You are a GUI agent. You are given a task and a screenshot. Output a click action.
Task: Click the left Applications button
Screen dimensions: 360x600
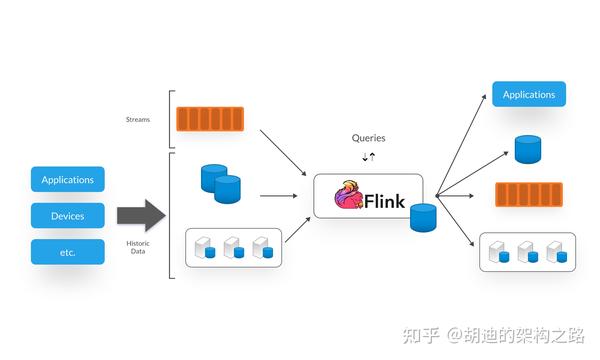tap(68, 180)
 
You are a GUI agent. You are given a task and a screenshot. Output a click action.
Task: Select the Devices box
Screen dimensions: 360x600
tap(68, 216)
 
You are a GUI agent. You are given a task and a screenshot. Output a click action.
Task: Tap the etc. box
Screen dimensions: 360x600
tap(68, 252)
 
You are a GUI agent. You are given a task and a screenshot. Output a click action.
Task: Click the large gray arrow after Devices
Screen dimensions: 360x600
tap(140, 215)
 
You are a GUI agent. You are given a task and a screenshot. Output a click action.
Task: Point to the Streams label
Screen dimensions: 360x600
tap(137, 119)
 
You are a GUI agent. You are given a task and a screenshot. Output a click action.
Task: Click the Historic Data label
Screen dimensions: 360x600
tap(137, 246)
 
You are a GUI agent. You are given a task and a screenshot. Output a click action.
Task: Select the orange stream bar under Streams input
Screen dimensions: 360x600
tap(211, 119)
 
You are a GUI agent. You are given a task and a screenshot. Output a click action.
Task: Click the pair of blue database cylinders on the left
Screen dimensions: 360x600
tap(221, 182)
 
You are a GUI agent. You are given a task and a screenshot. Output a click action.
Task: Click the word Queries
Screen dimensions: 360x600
tap(368, 138)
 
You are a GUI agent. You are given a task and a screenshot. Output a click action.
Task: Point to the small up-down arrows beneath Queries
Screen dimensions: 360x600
tap(368, 156)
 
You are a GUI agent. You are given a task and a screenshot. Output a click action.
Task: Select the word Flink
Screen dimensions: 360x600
tap(386, 201)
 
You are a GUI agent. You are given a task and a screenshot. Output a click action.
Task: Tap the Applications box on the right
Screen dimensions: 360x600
tap(529, 95)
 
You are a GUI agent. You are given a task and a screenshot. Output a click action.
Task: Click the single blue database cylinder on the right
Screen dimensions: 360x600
tap(528, 150)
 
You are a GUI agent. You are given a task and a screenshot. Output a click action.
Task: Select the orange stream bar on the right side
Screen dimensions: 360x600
tap(529, 196)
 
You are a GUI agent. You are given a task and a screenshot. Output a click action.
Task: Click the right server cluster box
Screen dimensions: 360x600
tap(527, 252)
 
